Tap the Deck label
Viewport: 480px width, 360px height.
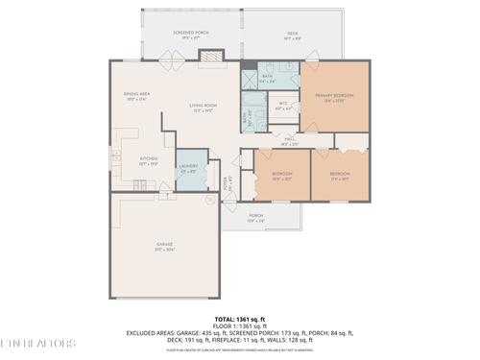(292, 36)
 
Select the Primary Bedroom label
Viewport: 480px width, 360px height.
(335, 99)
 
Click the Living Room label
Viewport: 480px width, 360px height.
(203, 108)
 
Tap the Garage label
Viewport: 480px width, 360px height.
(165, 247)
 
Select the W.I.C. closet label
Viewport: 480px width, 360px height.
(284, 106)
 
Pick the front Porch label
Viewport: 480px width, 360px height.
(256, 217)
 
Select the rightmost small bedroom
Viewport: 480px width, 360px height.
(339, 176)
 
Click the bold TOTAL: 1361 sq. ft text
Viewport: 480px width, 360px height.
(239, 317)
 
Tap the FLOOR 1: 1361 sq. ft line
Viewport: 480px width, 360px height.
(239, 324)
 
